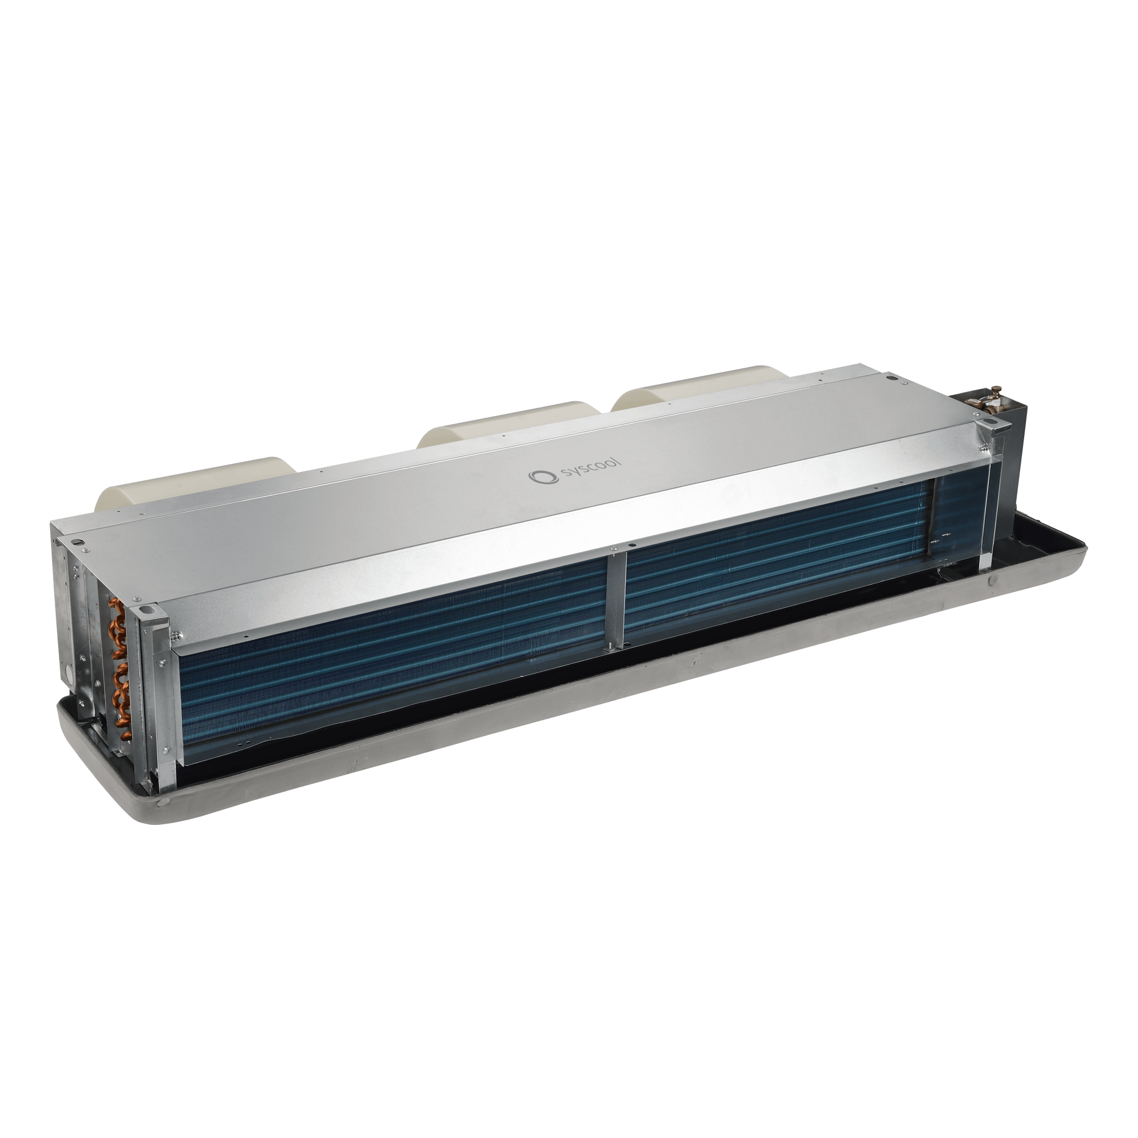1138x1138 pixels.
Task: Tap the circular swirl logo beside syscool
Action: pyautogui.click(x=537, y=476)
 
